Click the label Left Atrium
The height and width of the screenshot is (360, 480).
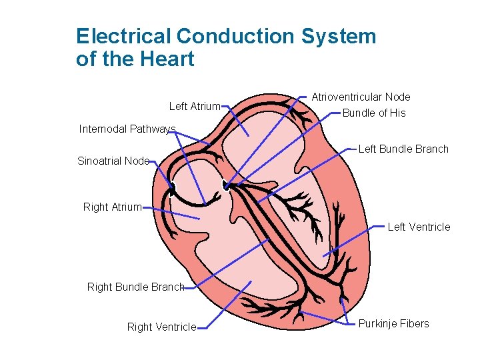(x=195, y=106)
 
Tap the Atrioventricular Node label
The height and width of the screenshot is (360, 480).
(x=361, y=97)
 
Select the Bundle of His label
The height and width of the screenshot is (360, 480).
(x=373, y=113)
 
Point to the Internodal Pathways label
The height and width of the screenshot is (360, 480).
(x=127, y=129)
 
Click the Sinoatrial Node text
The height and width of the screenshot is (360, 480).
(x=113, y=161)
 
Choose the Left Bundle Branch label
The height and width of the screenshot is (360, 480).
(x=403, y=149)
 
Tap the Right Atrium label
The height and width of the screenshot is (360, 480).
(x=112, y=207)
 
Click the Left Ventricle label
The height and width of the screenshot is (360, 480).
(x=419, y=227)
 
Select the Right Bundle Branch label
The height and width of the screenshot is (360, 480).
(x=135, y=287)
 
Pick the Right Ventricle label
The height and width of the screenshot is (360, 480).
(x=161, y=327)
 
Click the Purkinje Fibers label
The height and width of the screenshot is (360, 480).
(x=393, y=324)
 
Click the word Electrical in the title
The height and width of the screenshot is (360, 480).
(x=124, y=36)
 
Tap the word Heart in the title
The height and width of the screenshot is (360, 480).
(x=167, y=59)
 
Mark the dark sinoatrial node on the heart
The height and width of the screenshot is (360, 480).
(x=171, y=189)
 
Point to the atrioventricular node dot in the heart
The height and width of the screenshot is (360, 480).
(x=227, y=187)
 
